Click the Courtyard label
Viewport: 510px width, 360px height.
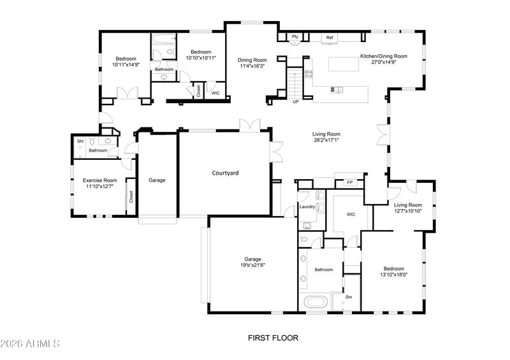pos(225,173)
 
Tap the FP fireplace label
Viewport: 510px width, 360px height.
pos(349,183)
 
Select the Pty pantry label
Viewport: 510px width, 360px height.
pos(295,37)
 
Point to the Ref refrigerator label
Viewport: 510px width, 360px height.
pos(330,38)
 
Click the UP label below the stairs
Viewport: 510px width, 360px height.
pos(295,102)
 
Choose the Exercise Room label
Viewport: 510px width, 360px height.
pos(100,180)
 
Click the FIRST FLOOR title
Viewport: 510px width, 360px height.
pos(273,338)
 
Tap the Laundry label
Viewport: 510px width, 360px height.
pos(307,206)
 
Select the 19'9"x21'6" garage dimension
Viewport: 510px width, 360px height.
pos(252,265)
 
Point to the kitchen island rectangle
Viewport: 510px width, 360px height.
pos(344,64)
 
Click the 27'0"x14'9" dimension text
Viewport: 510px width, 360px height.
pos(384,62)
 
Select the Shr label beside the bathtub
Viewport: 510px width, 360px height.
pos(349,297)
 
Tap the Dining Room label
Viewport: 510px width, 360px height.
pos(252,60)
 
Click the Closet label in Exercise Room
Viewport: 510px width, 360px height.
pos(131,197)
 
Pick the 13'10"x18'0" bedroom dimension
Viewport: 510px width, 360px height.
pos(393,275)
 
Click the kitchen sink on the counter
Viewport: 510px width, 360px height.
pos(337,89)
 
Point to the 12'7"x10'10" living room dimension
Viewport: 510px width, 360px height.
pos(408,211)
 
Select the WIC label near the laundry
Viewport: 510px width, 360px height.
pos(351,214)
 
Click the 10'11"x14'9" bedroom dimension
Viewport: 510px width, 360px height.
pos(126,65)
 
